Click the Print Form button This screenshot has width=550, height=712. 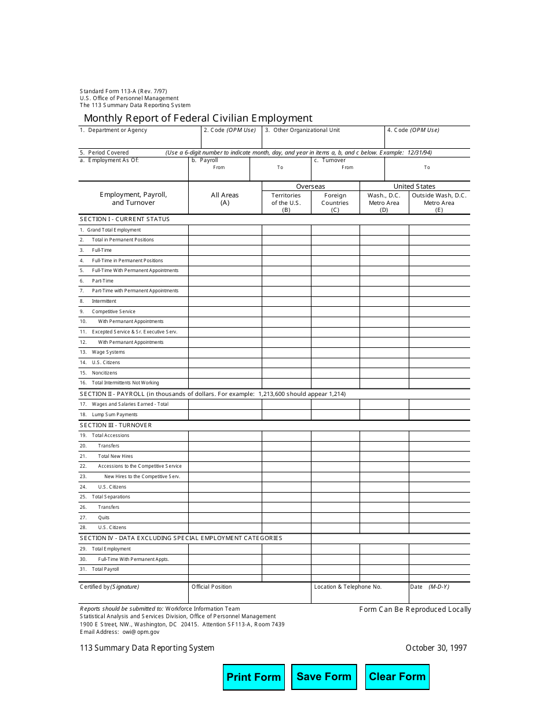[x=254, y=677]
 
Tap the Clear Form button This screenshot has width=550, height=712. [x=397, y=677]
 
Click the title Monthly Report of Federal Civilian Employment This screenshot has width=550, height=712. [x=198, y=118]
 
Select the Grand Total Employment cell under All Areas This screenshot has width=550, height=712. [x=225, y=230]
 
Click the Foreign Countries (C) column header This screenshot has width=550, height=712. [x=335, y=203]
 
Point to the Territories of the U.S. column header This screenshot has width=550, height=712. [x=286, y=203]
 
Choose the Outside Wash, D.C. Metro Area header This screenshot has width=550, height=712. [x=439, y=203]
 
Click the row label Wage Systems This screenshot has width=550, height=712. [x=108, y=352]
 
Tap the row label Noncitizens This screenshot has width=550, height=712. [x=104, y=373]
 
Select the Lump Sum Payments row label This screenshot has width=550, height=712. [x=115, y=414]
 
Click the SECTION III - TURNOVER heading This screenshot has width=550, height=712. [x=116, y=425]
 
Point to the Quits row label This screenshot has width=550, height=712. [x=104, y=518]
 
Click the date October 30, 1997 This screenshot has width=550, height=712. [x=436, y=648]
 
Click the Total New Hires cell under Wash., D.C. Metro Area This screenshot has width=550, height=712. [x=384, y=456]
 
